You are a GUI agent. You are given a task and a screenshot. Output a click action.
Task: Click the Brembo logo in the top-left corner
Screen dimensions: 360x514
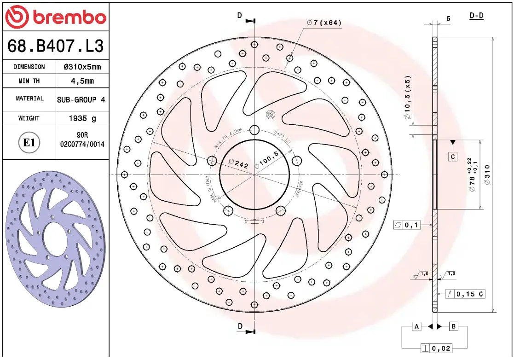coord(55,17)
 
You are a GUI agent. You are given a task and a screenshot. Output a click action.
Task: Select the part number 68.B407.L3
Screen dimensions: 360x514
coord(55,46)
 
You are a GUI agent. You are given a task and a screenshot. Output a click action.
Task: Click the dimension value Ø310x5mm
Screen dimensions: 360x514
coord(82,67)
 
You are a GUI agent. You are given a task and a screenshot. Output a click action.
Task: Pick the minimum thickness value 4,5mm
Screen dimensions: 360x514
coord(82,81)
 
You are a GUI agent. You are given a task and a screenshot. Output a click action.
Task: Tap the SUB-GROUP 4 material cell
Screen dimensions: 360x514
coord(82,99)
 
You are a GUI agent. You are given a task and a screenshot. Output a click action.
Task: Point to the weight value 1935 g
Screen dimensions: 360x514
coord(82,118)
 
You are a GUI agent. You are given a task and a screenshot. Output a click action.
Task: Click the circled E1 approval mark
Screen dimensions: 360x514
coord(29,143)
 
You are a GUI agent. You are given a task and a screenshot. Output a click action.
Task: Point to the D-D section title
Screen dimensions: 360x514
coord(476,16)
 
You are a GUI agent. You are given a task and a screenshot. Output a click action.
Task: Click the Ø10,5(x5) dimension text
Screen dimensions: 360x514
coord(407,98)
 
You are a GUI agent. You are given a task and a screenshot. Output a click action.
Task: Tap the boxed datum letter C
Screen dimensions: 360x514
coord(453,157)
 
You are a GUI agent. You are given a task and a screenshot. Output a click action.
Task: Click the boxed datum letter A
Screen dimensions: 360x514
coord(416,326)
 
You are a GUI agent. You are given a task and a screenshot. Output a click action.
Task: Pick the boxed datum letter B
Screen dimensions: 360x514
coord(453,326)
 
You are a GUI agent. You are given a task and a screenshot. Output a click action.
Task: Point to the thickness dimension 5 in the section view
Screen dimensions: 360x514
coord(448,19)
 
